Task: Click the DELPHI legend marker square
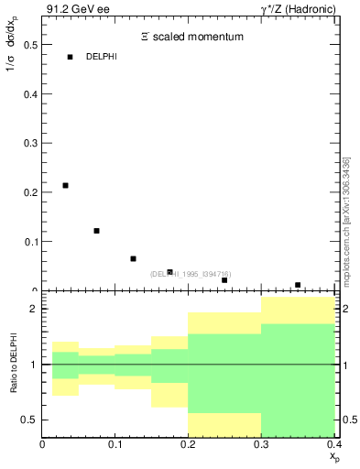pyautogui.click(x=70, y=57)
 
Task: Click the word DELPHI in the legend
pyautogui.click(x=102, y=57)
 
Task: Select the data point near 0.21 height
pyautogui.click(x=65, y=186)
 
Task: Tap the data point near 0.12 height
pyautogui.click(x=96, y=231)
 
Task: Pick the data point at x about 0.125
pyautogui.click(x=133, y=259)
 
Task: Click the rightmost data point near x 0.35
pyautogui.click(x=298, y=285)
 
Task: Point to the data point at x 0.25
pyautogui.click(x=224, y=280)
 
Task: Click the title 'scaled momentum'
pyautogui.click(x=198, y=37)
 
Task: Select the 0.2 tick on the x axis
pyautogui.click(x=188, y=444)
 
